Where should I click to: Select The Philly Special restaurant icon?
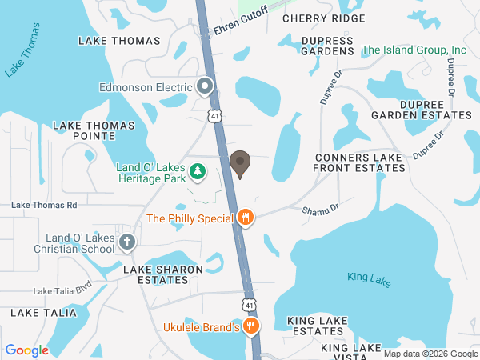246,218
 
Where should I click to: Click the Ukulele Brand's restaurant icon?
251,326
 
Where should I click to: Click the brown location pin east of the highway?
239,163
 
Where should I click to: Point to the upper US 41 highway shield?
215,116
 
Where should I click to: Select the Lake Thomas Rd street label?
44,206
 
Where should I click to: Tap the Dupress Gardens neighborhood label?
327,45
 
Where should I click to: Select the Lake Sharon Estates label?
163,274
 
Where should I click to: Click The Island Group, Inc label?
414,50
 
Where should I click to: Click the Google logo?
27,350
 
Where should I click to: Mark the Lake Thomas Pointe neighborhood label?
83,130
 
